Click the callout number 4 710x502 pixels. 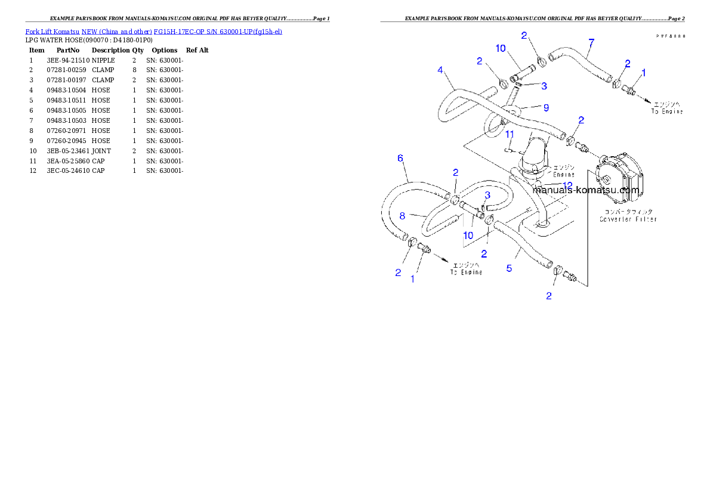coord(440,70)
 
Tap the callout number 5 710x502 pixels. coord(509,268)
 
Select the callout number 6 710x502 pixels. coord(400,158)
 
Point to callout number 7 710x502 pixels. coord(591,42)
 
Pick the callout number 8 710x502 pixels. coord(402,215)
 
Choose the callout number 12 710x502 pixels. coord(567,185)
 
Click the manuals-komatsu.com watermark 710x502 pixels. coord(587,190)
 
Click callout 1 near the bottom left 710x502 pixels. coord(412,278)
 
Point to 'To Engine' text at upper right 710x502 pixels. coord(667,111)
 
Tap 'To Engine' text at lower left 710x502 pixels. coord(466,272)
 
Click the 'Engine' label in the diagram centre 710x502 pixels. coord(563,175)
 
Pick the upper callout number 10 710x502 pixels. coord(500,48)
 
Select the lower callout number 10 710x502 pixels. coord(468,235)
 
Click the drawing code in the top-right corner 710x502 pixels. coord(671,36)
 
